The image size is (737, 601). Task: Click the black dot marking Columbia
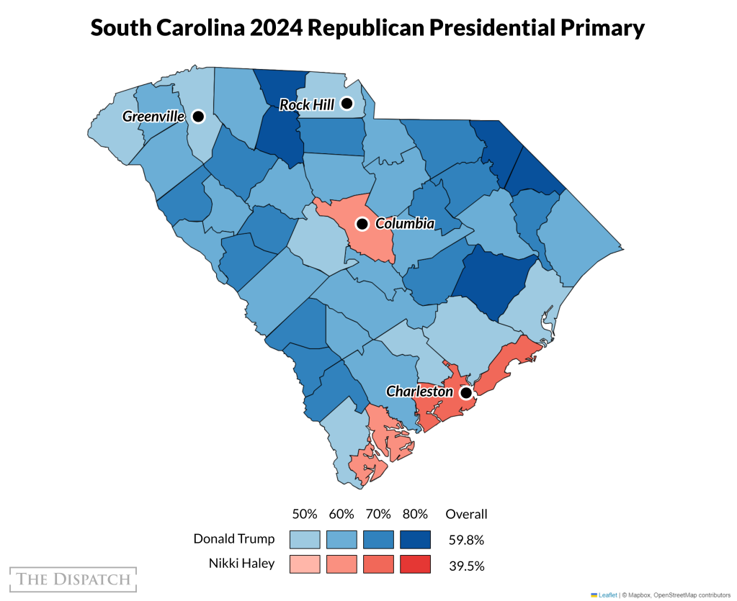click(x=362, y=224)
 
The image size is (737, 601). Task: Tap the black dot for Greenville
click(x=198, y=116)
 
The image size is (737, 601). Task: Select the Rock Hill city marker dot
click(x=347, y=104)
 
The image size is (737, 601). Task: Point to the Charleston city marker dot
click(x=466, y=393)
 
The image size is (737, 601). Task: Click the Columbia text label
click(x=405, y=224)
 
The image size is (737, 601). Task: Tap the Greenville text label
click(x=153, y=116)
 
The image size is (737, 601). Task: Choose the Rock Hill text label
click(x=307, y=105)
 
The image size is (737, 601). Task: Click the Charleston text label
click(x=420, y=392)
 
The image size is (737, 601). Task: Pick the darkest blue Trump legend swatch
click(x=415, y=540)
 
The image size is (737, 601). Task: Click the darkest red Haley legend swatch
click(x=415, y=564)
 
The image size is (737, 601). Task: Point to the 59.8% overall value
click(x=466, y=540)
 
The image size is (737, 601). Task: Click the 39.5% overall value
click(x=466, y=565)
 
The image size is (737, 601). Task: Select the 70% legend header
click(x=378, y=514)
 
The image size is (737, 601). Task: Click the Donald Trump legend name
click(x=233, y=539)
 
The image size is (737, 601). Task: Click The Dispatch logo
click(x=73, y=579)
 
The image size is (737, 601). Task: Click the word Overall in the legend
click(x=466, y=514)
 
